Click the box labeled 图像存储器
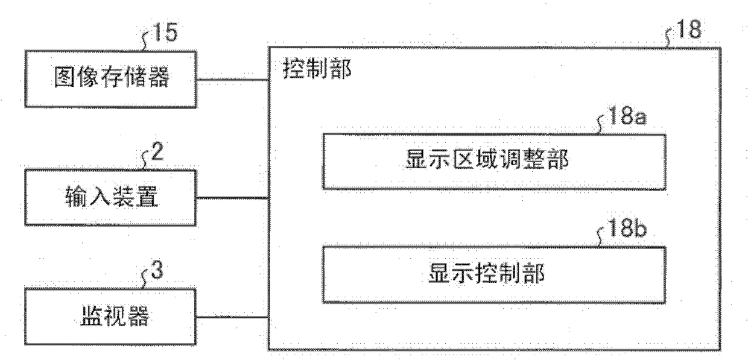tap(112, 79)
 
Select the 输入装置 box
tap(112, 197)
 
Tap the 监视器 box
tap(112, 317)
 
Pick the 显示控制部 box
tap(495, 275)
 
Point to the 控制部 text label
tap(313, 71)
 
